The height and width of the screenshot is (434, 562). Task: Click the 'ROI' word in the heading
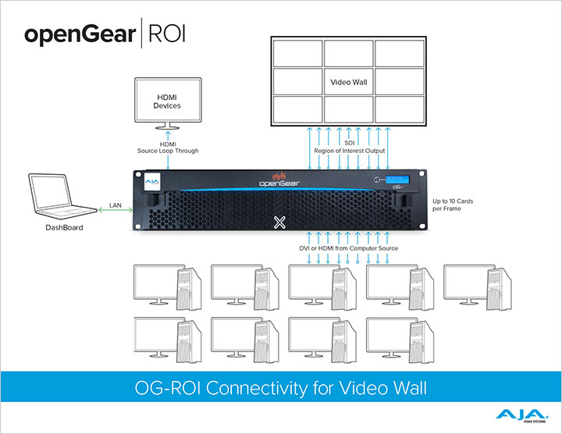165,34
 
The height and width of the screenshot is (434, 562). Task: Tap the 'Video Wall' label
348,80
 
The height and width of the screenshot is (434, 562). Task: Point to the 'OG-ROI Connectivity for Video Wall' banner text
280,386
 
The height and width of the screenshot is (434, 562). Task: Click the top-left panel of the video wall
297,53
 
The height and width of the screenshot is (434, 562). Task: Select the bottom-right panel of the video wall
400,107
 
